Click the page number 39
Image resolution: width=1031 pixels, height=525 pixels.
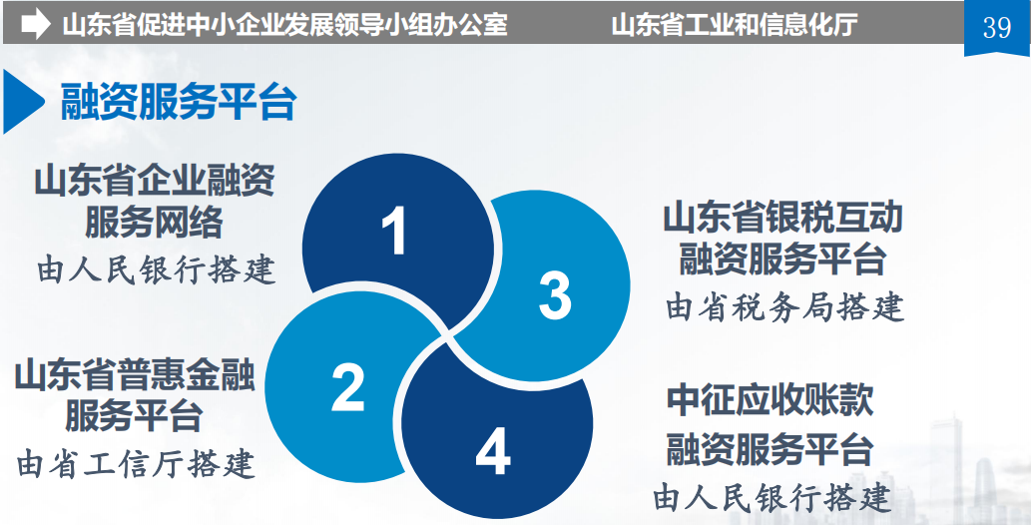pos(997,27)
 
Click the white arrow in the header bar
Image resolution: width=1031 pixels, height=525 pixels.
pos(36,25)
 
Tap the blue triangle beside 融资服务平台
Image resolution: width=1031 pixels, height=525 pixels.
pos(23,102)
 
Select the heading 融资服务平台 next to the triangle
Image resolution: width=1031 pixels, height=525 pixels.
pos(179,102)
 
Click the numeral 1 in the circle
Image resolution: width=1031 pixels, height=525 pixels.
pos(395,231)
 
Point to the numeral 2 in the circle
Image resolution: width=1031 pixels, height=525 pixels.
pos(348,388)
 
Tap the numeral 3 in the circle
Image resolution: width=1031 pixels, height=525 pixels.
pos(555,296)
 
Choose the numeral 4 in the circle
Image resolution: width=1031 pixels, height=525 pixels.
pos(493,452)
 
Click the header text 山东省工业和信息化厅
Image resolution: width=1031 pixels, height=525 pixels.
pos(735,26)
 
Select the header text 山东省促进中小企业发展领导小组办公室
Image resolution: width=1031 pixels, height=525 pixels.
pos(284,26)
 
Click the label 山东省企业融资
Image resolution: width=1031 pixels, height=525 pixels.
pos(155,182)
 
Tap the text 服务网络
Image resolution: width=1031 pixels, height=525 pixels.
pos(154,222)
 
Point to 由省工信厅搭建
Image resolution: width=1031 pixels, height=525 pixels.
pos(136,464)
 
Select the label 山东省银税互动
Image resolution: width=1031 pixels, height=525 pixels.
pos(782,219)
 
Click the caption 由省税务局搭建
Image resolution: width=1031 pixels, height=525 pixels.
pos(785,306)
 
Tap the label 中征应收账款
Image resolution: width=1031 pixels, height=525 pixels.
pos(770,400)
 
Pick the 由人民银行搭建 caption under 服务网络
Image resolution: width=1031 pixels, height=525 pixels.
pos(156,269)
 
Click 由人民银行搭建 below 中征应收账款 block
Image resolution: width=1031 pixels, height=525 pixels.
pos(773,498)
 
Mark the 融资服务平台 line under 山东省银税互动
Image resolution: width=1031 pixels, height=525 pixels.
pos(782,259)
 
